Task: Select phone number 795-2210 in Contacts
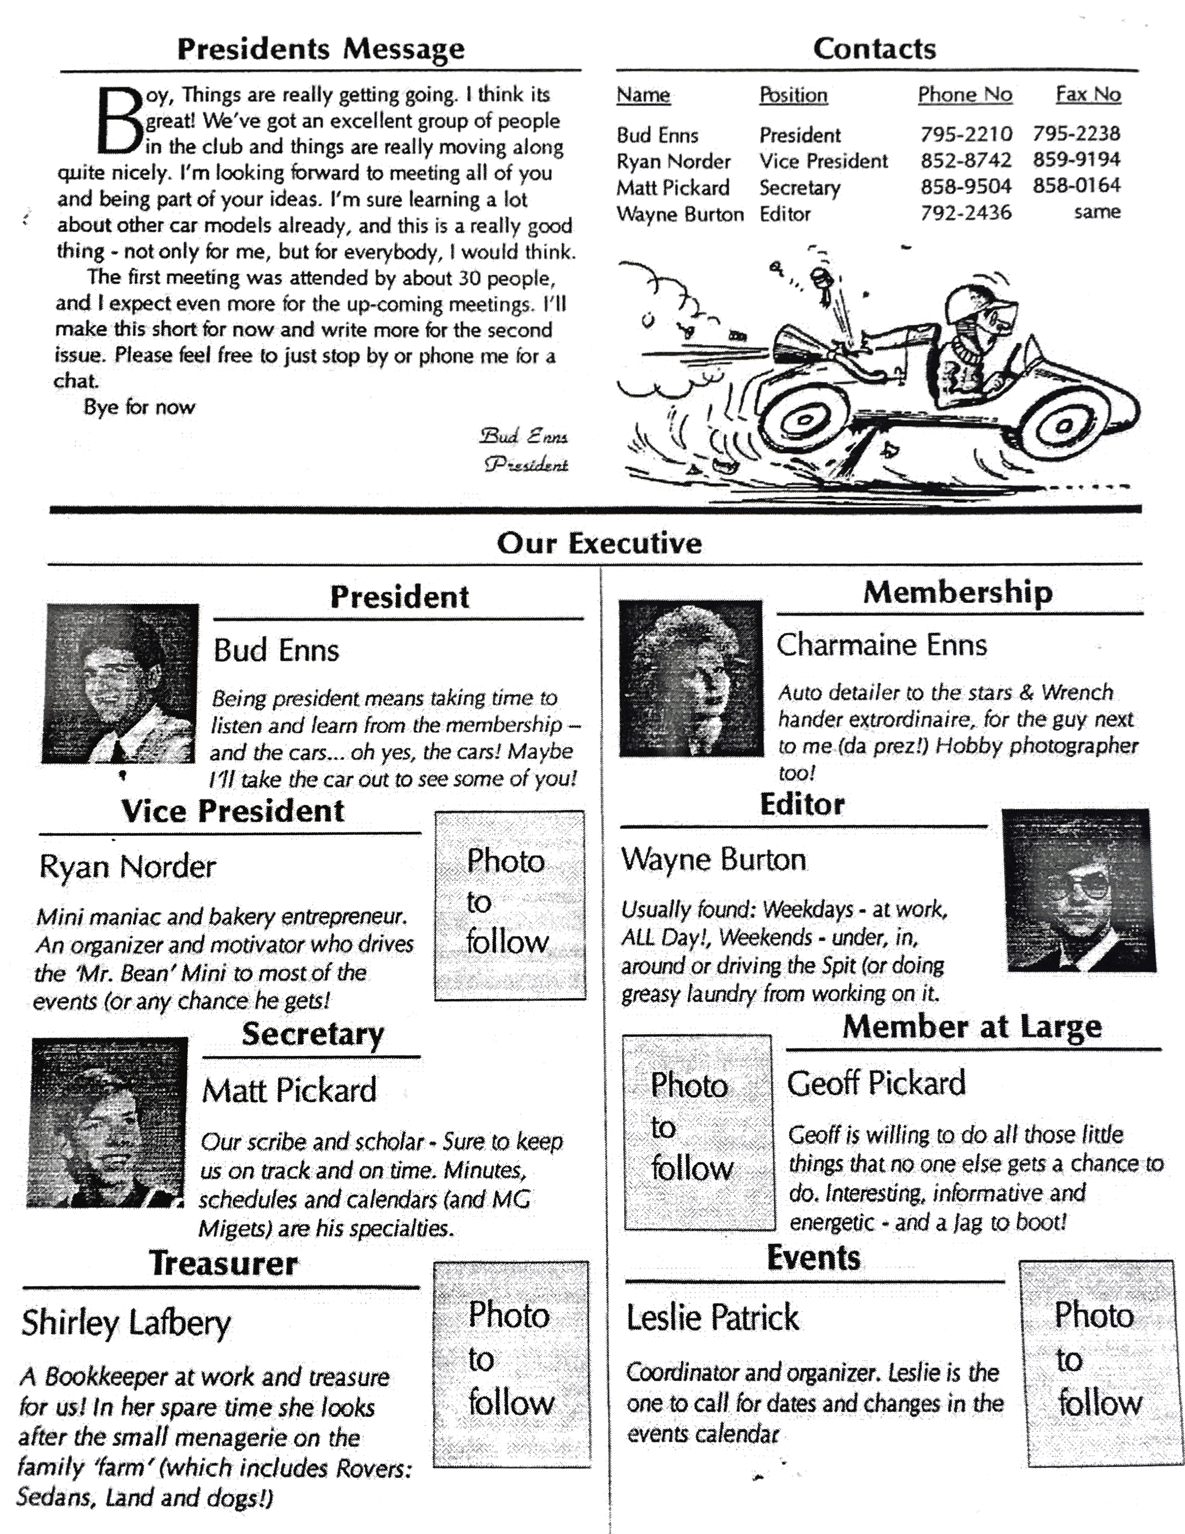tap(966, 134)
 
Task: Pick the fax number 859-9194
tap(1076, 160)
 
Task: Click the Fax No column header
tap(1088, 95)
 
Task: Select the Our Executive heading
tap(599, 543)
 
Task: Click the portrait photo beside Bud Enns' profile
tap(119, 684)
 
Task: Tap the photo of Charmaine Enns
tap(690, 678)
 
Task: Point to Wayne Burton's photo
tap(1079, 890)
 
